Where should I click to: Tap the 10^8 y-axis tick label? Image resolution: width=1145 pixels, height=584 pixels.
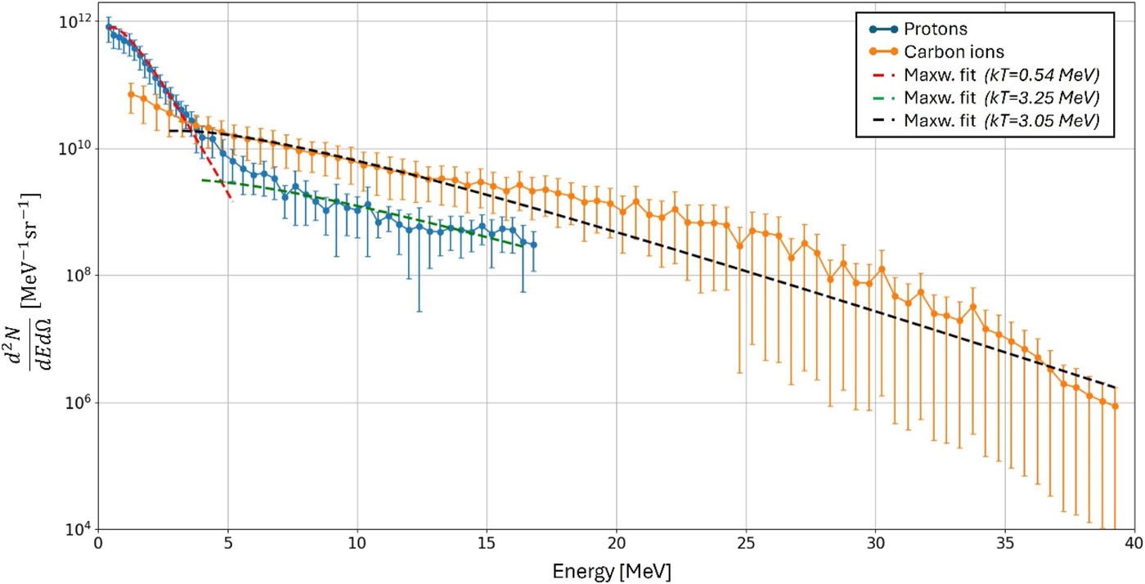click(76, 276)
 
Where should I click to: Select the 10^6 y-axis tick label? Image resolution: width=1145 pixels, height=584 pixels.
click(76, 403)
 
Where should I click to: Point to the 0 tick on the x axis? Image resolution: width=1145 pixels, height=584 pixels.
click(98, 544)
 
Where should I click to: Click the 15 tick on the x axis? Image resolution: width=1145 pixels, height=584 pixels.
click(487, 544)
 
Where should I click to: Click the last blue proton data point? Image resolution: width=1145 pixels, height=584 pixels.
click(533, 245)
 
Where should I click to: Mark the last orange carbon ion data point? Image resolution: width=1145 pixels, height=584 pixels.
click(1115, 406)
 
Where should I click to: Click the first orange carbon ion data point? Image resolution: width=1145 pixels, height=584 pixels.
click(131, 94)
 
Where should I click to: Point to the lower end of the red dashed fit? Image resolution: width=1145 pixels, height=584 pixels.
click(231, 200)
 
